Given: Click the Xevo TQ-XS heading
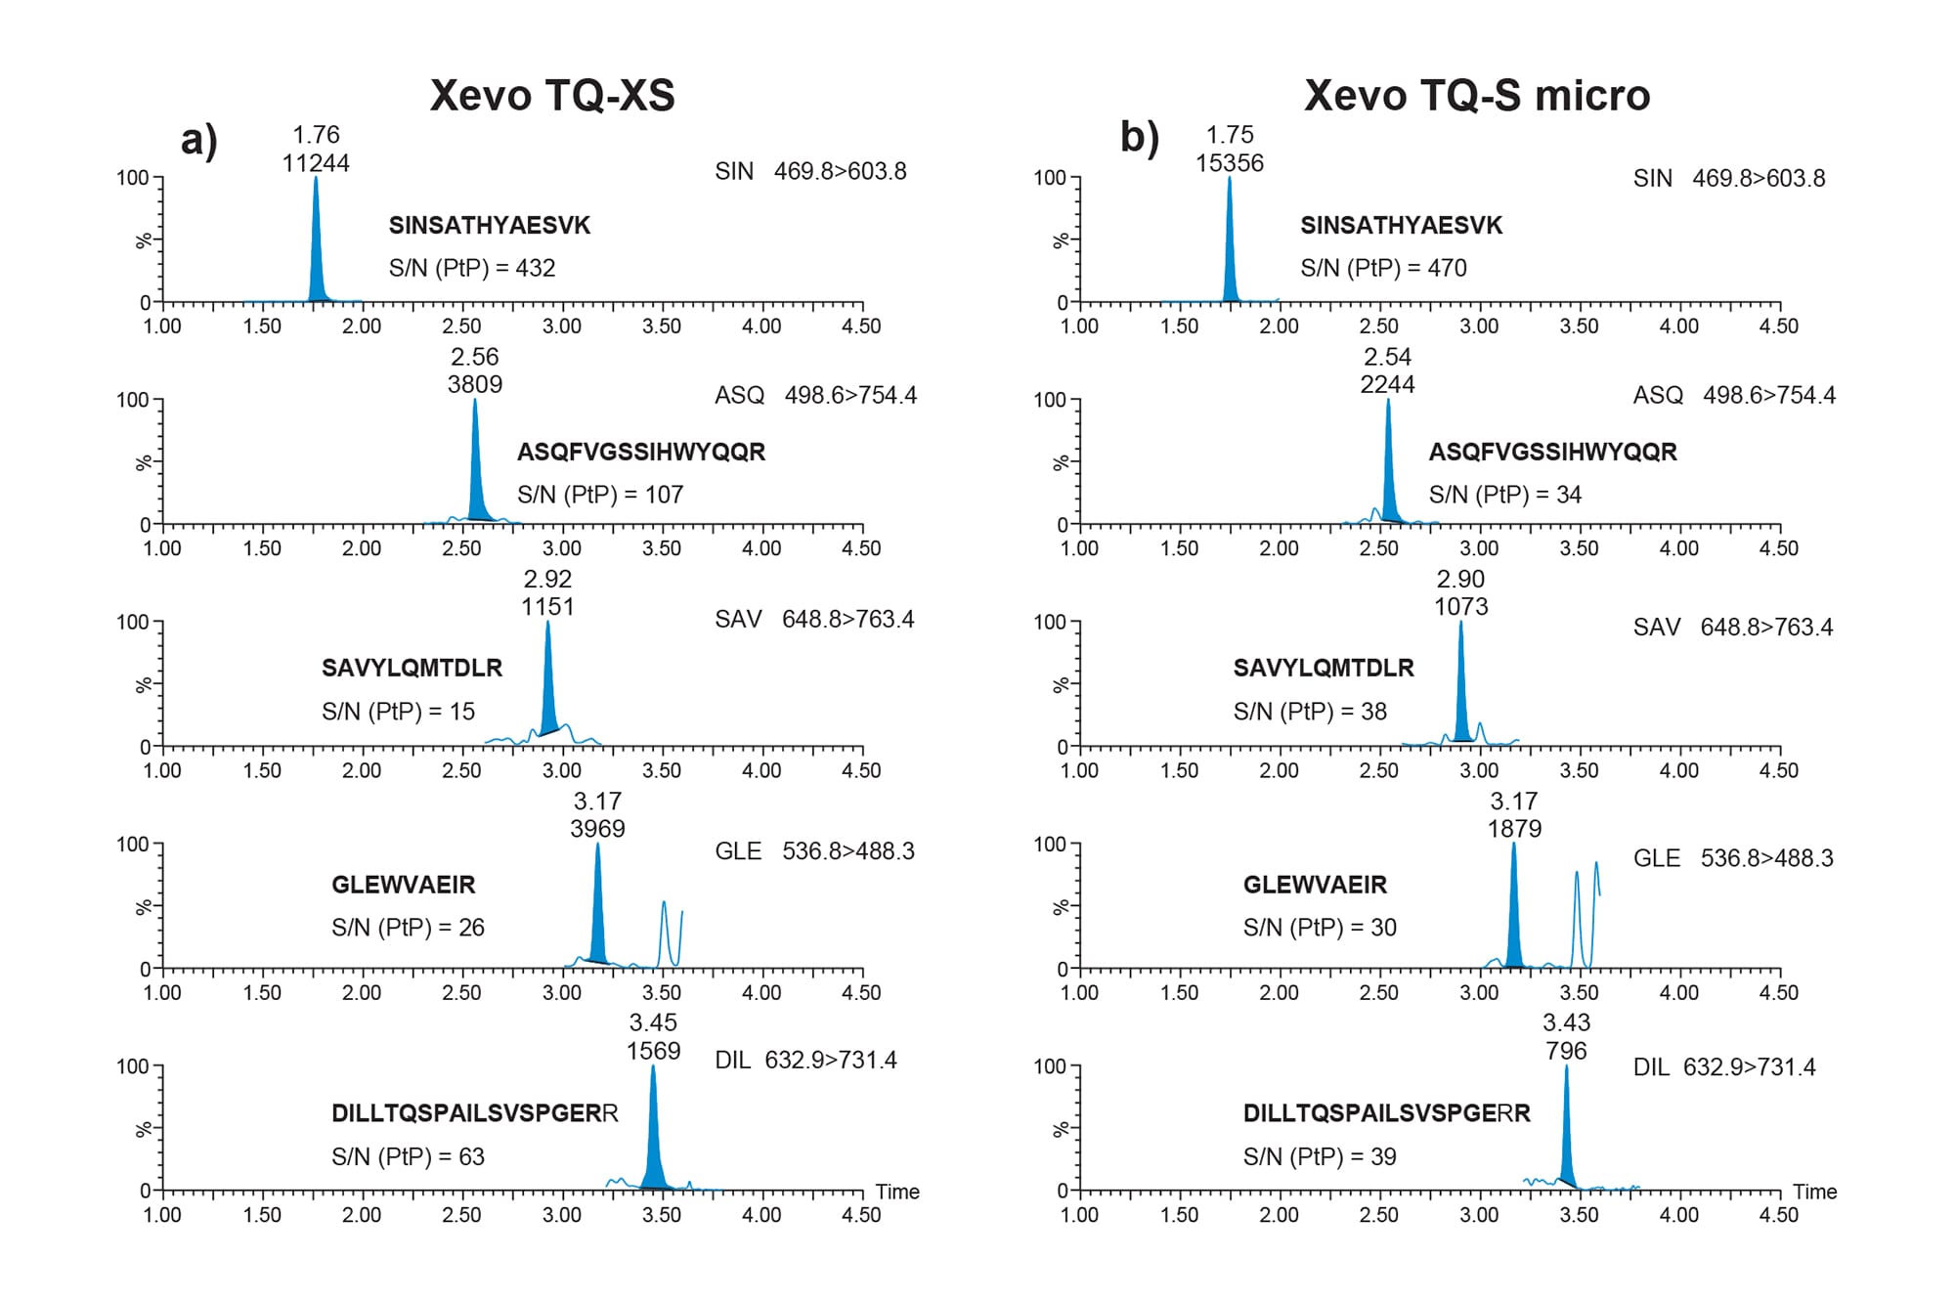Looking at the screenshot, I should (552, 96).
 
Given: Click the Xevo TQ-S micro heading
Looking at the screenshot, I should (1476, 96).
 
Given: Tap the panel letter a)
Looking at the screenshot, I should (198, 140).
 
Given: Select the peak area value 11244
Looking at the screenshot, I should (316, 163).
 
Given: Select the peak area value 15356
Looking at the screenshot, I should (1229, 163).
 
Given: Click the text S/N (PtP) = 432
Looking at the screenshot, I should (471, 268).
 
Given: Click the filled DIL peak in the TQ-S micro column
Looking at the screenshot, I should (1567, 1144).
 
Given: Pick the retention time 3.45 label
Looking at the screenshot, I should (653, 1022).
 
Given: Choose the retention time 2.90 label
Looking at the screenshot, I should (1460, 579).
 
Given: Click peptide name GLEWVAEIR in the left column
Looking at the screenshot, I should (403, 885).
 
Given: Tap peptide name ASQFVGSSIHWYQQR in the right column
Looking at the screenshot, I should (1552, 452).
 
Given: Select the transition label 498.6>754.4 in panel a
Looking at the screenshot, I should (849, 395).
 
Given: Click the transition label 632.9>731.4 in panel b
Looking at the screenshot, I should (1749, 1067).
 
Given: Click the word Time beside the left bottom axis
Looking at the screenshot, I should (896, 1192).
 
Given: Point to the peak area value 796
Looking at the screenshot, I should (1566, 1051).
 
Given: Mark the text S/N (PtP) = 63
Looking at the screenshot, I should (408, 1156).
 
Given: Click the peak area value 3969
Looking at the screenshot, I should (597, 829).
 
